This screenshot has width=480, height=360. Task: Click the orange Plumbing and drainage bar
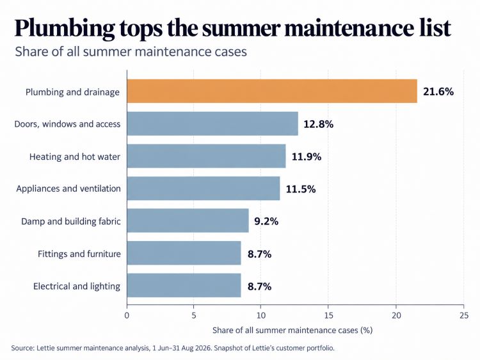[x=272, y=91]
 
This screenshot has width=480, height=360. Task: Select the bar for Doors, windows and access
[x=212, y=123]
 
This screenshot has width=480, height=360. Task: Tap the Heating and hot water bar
[x=207, y=156]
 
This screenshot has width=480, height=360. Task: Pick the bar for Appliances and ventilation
[x=204, y=189]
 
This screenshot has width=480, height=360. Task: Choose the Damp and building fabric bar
[x=188, y=221]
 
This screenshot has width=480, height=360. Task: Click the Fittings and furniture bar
[x=184, y=253]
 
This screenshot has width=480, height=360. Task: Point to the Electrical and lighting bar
[x=184, y=285]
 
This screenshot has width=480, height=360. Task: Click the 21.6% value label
[x=438, y=91]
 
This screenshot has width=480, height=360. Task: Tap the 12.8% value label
[x=318, y=124]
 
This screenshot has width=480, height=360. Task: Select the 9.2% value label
[x=266, y=221]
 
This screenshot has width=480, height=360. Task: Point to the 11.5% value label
[x=301, y=189]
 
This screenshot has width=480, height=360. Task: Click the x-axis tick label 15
[x=328, y=315]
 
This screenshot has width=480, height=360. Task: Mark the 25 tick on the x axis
[x=464, y=315]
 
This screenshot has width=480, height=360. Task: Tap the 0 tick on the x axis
[x=127, y=315]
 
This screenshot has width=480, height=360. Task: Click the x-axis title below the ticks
[x=292, y=331]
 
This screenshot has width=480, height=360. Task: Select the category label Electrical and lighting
[x=77, y=286]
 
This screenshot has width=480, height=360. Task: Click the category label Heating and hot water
[x=75, y=157]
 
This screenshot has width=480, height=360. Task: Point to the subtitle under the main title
[x=131, y=51]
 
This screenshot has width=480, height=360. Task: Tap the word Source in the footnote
[x=22, y=348]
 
